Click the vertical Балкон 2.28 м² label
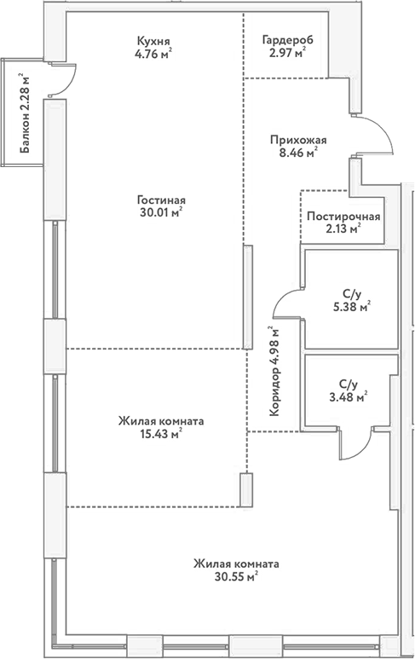(x=27, y=113)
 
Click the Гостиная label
(x=160, y=200)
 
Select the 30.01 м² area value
(x=160, y=215)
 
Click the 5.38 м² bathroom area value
(x=351, y=308)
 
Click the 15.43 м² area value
(x=161, y=435)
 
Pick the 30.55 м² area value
(x=236, y=577)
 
